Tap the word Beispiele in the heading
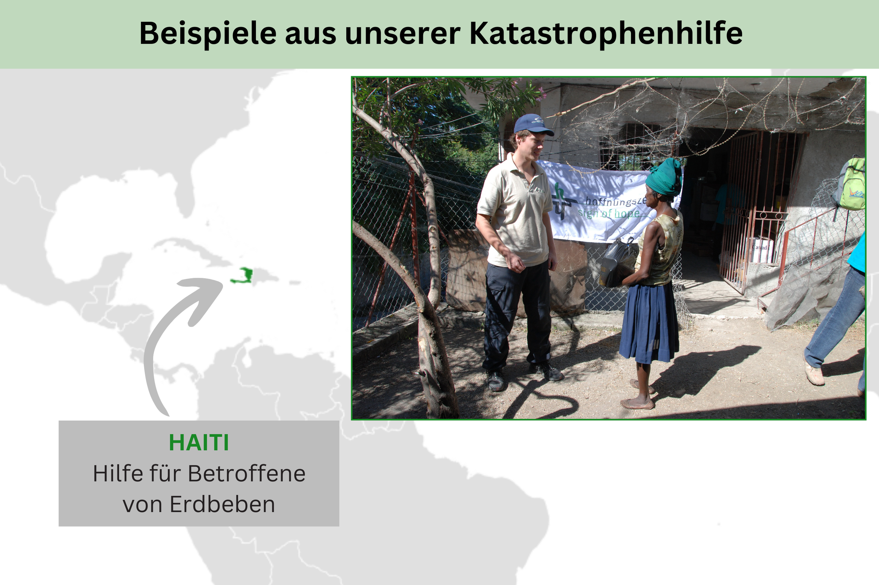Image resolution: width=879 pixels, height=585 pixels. (208, 34)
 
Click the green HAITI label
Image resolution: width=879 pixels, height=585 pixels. (199, 443)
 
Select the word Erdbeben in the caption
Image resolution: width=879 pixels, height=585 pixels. (222, 504)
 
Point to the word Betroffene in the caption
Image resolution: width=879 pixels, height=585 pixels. (246, 474)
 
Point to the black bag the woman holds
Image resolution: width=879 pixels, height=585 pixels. (618, 263)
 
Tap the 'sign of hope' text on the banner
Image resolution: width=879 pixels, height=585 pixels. (609, 214)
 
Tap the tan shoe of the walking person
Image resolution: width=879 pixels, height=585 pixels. (814, 375)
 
